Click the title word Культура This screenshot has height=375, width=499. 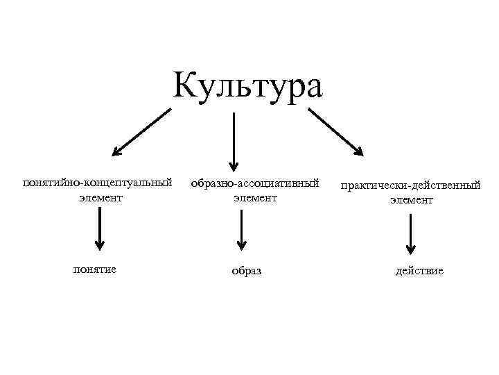(x=247, y=87)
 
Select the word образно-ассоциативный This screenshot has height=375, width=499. (x=254, y=183)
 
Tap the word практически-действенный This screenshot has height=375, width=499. (x=411, y=186)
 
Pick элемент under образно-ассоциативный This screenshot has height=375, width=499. (x=254, y=198)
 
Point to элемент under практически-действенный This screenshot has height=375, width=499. (x=411, y=200)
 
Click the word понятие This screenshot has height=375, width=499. (x=94, y=269)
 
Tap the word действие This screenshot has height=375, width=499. (x=419, y=270)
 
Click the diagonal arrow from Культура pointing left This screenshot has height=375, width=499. (x=141, y=131)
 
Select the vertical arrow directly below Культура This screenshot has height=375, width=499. (x=234, y=139)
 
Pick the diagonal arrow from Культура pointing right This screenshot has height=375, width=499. (x=335, y=131)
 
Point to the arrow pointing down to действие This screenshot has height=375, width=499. (x=411, y=233)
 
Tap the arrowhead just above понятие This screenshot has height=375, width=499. (x=100, y=244)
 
